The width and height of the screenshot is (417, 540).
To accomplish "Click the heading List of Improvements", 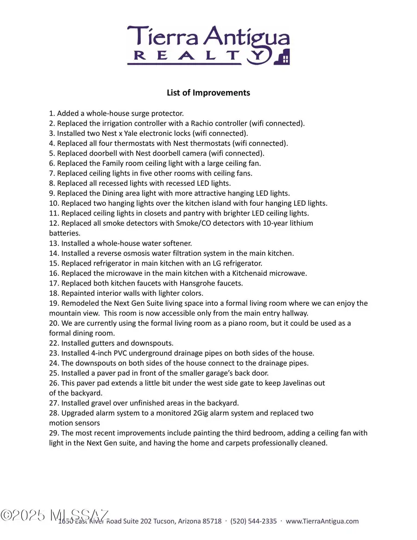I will [208, 93].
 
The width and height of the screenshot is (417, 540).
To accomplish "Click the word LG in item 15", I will [225, 263].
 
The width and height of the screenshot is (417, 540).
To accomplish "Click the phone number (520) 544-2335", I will [253, 521].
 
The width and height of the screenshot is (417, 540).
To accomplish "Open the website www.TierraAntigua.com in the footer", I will [322, 521].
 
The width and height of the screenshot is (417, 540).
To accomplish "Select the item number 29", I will [54, 433].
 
